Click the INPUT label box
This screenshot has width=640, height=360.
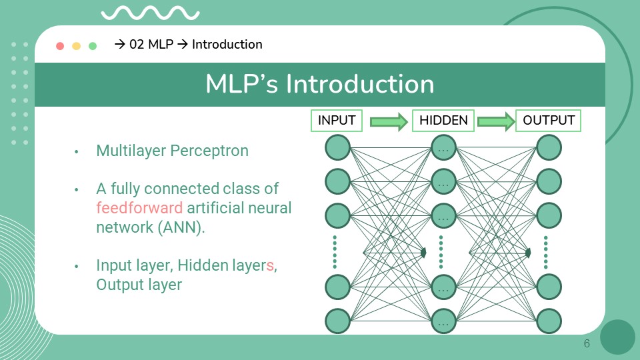(337, 121)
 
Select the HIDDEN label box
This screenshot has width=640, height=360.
(443, 121)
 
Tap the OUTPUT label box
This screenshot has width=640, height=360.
(549, 121)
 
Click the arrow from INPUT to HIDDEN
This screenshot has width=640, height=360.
(389, 121)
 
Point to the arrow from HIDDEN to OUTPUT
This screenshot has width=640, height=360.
(496, 121)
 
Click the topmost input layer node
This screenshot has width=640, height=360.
(337, 147)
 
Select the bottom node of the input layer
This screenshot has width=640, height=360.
(337, 321)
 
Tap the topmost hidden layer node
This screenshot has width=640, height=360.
(443, 147)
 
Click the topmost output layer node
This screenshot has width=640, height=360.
(549, 147)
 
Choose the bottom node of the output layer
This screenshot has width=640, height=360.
(549, 321)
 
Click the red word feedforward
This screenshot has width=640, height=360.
(139, 207)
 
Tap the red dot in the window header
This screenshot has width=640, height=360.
(60, 46)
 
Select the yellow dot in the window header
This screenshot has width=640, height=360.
(76, 46)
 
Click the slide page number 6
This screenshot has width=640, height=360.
(587, 344)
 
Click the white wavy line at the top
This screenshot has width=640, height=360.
(150, 13)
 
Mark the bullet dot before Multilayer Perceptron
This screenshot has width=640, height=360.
(77, 151)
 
